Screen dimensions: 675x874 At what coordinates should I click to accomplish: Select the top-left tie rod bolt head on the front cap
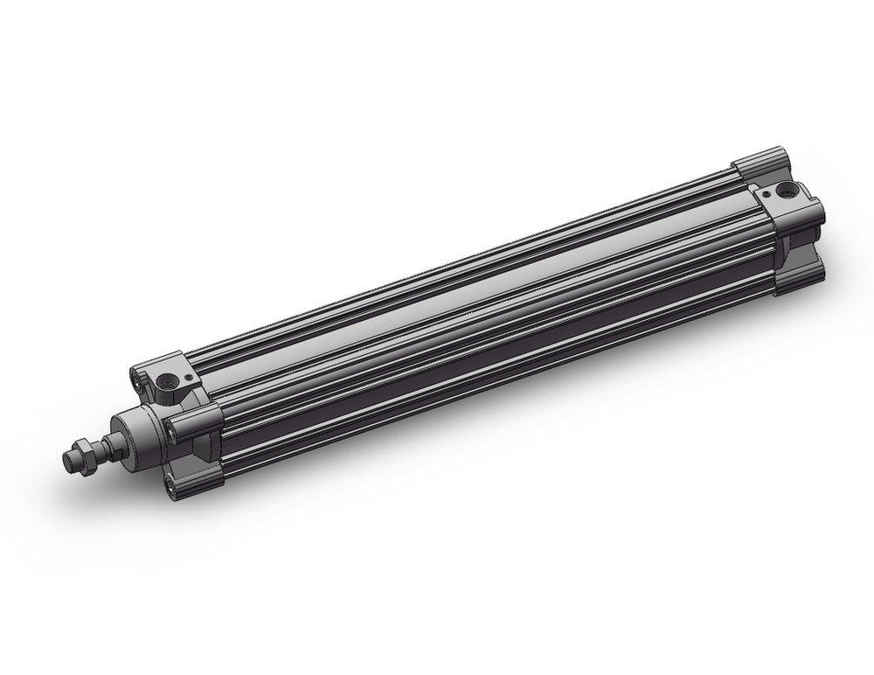137,378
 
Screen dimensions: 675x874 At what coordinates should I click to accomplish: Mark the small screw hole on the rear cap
766,194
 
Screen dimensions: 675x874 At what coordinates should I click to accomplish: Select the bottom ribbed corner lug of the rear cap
796,279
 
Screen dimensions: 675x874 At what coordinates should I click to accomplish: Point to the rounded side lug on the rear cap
808,214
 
